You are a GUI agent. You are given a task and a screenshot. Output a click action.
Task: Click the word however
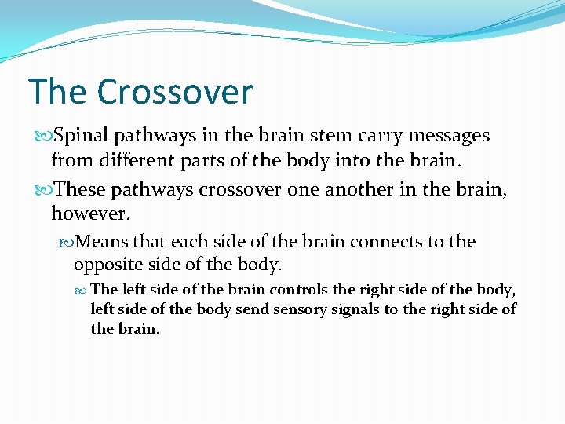[x=89, y=214]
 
